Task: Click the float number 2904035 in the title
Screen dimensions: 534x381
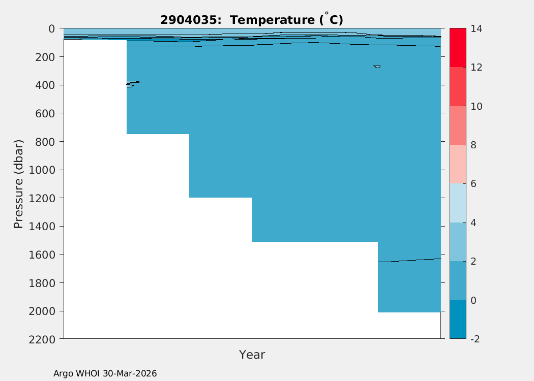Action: pyautogui.click(x=188, y=20)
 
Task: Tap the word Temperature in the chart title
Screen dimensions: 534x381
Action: pyautogui.click(x=273, y=20)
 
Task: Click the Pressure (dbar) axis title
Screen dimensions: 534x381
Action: pyautogui.click(x=18, y=184)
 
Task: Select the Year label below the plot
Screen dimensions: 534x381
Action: pyautogui.click(x=252, y=355)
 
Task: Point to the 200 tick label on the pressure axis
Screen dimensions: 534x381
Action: pyautogui.click(x=45, y=57)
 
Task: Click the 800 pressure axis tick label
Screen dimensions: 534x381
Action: pyautogui.click(x=45, y=142)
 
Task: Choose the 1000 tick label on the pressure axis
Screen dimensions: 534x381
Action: pyautogui.click(x=42, y=170)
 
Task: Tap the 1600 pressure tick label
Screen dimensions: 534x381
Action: pyautogui.click(x=42, y=255)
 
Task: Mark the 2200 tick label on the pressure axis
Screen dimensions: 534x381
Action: pyautogui.click(x=42, y=339)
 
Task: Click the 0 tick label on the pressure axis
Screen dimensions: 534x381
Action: pyautogui.click(x=52, y=28)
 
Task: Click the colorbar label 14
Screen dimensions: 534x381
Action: pyautogui.click(x=477, y=28)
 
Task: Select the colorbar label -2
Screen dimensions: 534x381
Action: pyautogui.click(x=475, y=339)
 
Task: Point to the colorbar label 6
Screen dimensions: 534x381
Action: pyautogui.click(x=473, y=184)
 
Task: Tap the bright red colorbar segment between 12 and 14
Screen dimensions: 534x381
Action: pyautogui.click(x=458, y=48)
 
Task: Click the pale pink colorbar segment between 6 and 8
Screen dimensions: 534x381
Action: pyautogui.click(x=458, y=164)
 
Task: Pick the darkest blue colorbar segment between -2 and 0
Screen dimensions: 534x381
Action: pyautogui.click(x=458, y=320)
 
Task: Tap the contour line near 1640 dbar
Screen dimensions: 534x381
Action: pyautogui.click(x=409, y=261)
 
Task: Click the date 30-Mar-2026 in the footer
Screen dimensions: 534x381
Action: pyautogui.click(x=130, y=373)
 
